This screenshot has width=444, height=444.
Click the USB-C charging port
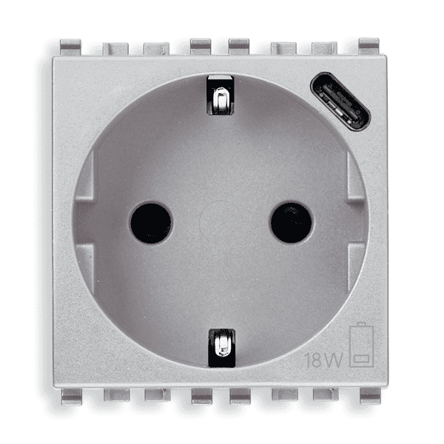tap(340, 101)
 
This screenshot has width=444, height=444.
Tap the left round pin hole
tap(151, 223)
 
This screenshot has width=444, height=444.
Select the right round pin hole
tap(291, 223)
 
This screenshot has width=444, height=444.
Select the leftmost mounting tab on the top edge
tap(70, 47)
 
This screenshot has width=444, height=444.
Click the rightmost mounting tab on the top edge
tap(369, 47)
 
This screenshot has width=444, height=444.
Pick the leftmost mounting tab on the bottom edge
tap(72, 396)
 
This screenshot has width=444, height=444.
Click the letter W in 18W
tap(336, 360)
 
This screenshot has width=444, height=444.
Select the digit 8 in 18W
tap(319, 360)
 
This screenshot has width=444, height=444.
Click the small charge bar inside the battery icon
tap(361, 360)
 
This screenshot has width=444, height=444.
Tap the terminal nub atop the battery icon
tap(361, 325)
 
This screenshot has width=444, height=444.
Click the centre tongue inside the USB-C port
tap(340, 101)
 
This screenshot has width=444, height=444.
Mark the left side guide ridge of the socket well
tap(82, 222)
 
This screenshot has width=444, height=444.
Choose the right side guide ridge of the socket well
tap(359, 222)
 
